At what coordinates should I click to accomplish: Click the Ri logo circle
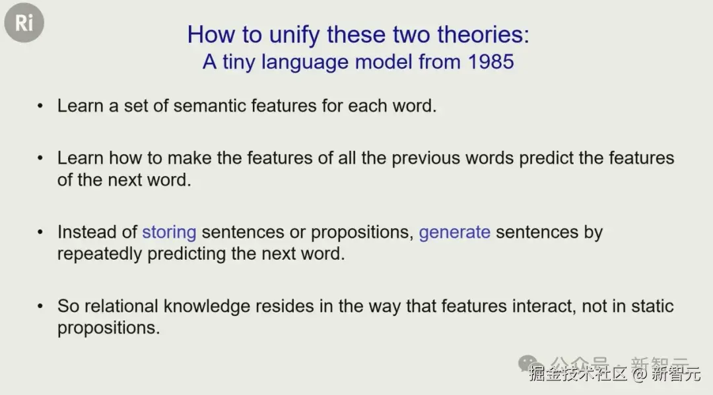coord(24,22)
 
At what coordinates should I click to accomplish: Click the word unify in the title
coord(294,35)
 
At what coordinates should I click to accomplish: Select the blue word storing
coord(169,233)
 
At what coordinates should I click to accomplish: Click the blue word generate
coord(455,233)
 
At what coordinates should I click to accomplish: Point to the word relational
coord(121,306)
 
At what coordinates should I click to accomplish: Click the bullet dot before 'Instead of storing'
coord(40,233)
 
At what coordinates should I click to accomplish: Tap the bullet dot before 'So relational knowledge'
coord(40,307)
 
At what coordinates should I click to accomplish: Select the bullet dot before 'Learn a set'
coord(40,106)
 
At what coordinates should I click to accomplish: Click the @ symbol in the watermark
coord(639,374)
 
